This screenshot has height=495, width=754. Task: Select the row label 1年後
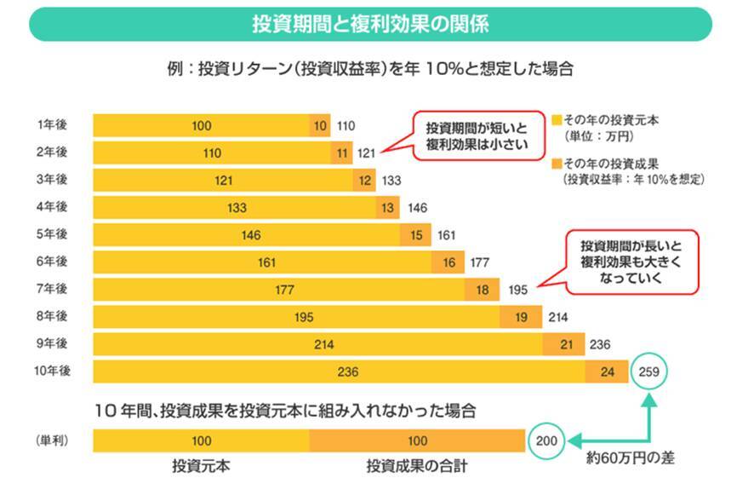point(52,125)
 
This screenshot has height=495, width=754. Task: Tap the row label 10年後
point(52,371)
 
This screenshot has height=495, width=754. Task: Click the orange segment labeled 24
point(607,372)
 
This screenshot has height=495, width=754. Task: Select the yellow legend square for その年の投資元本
point(557,121)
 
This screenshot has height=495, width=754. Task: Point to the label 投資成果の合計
point(417,468)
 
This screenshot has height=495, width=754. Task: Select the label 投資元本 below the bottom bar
point(201,468)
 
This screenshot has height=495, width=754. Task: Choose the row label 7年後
point(52,290)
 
